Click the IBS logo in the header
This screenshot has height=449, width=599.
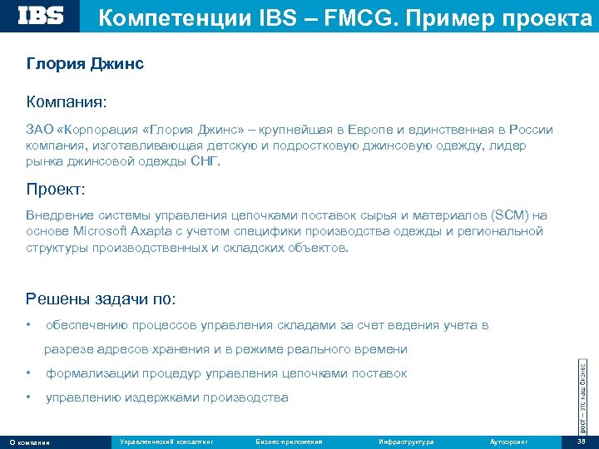tap(41, 15)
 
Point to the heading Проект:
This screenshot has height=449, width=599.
tap(55, 190)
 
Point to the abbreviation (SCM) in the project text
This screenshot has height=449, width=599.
tap(505, 215)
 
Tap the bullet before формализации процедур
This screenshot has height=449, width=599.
tap(29, 373)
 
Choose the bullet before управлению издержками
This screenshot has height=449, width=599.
tap(29, 398)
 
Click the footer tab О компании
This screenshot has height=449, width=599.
tap(29, 442)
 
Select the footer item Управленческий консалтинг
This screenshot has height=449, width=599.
tap(166, 442)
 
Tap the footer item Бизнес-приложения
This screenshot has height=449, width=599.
tap(289, 442)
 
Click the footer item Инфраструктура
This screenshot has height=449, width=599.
tap(405, 442)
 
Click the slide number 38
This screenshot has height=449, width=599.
tap(581, 442)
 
